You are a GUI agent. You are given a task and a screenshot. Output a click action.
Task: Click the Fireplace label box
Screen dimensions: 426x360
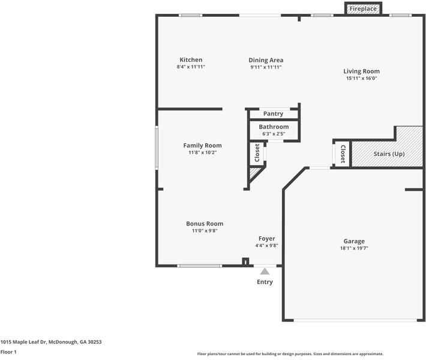363,8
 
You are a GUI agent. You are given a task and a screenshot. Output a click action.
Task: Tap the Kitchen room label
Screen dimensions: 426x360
191,60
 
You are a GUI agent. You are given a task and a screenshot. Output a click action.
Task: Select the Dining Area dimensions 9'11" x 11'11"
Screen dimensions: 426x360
266,67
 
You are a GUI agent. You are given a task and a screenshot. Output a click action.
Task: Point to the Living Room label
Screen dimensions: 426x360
361,71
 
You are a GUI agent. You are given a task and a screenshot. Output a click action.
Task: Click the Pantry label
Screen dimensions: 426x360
273,114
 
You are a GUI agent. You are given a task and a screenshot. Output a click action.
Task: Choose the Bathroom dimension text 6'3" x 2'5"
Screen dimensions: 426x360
274,134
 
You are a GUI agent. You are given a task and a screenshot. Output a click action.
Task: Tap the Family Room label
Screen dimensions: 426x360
202,146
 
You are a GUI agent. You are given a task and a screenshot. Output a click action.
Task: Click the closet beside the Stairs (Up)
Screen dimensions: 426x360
343,154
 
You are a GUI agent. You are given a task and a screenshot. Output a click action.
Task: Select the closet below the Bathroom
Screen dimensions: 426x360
257,153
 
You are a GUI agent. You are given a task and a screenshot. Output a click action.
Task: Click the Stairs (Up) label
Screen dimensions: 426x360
389,154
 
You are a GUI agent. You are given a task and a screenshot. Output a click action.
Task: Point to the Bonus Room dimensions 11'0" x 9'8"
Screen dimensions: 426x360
205,230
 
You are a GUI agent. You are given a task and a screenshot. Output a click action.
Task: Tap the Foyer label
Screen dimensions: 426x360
267,239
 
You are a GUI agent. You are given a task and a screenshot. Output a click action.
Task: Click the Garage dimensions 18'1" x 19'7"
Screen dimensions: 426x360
354,248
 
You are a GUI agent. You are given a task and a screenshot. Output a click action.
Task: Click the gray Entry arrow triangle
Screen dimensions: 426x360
265,272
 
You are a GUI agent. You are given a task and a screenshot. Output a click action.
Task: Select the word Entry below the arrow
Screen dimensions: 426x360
265,282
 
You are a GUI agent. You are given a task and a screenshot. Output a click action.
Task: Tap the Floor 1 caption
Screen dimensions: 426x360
8,352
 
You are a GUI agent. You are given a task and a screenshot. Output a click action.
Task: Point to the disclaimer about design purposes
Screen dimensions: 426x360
290,354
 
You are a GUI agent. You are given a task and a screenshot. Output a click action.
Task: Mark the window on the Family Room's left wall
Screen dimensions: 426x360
157,148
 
